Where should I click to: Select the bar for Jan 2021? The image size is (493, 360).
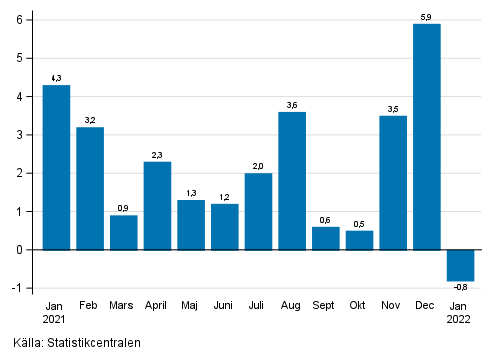pos(56,167)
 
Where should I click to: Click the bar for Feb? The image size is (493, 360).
pos(90,188)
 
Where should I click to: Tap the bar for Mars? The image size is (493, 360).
pos(123,232)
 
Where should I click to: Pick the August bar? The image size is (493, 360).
pos(292,181)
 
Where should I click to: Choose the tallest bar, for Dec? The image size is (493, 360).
pos(426,137)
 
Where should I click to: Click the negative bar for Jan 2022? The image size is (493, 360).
pos(460,265)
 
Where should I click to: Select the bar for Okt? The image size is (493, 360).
pos(359,240)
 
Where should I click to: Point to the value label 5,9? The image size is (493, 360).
pos(426,16)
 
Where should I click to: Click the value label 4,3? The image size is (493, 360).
pos(56,77)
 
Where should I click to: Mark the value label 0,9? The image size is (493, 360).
pos(123,207)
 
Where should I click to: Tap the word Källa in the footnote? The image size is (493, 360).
pos(20,344)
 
